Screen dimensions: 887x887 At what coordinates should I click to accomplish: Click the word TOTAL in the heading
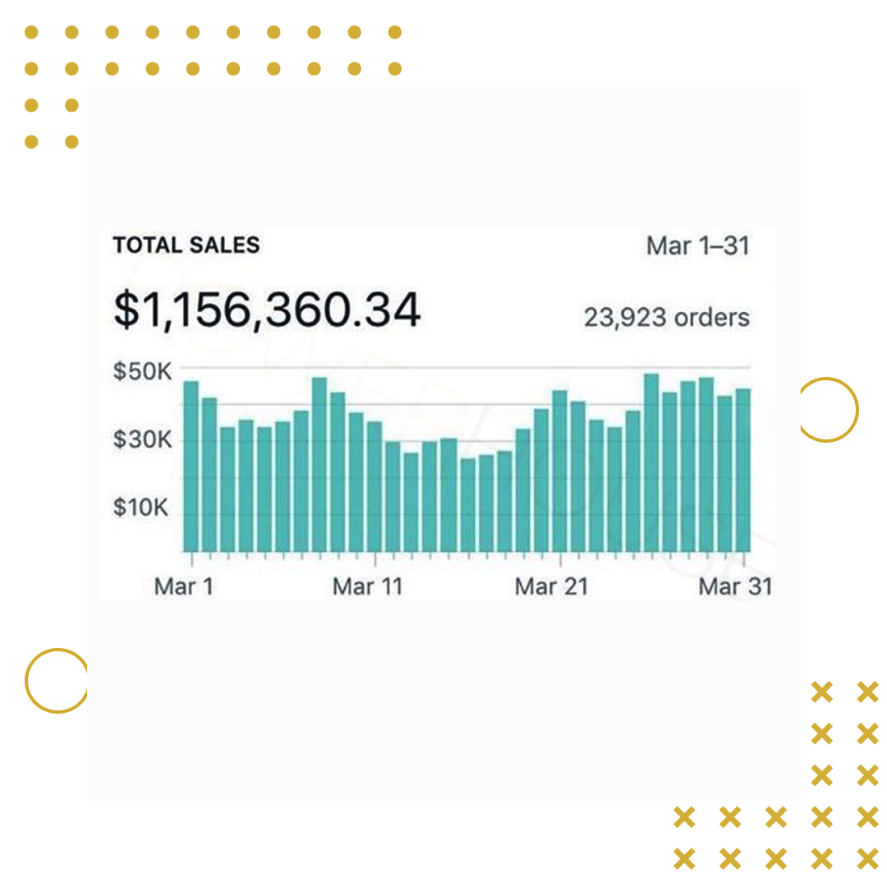(145, 245)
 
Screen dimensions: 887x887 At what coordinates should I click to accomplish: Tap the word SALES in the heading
(221, 245)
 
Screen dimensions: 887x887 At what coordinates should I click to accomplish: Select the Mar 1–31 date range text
(697, 246)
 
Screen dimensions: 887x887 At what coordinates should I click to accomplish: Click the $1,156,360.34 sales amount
(267, 310)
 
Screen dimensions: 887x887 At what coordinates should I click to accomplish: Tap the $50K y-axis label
(141, 371)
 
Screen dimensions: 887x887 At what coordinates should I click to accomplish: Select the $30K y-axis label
(141, 441)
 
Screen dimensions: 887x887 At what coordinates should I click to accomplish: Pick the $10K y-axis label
(141, 508)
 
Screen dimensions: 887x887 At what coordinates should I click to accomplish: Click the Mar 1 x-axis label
(183, 586)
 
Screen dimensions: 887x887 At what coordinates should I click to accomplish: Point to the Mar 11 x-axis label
(367, 586)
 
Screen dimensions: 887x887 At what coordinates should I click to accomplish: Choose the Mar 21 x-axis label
(551, 586)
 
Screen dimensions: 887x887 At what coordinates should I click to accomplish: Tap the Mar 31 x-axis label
(735, 586)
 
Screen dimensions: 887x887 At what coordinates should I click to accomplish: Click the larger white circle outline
(825, 86)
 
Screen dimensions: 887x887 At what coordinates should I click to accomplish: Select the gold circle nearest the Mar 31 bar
(828, 409)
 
